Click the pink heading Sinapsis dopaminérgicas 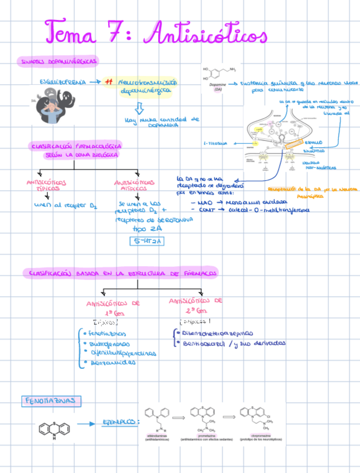[x=58, y=61]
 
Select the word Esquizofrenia [x=62, y=82]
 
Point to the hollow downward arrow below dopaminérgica [x=139, y=107]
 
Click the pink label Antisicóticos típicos [x=46, y=185]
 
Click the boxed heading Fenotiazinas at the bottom [x=53, y=401]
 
